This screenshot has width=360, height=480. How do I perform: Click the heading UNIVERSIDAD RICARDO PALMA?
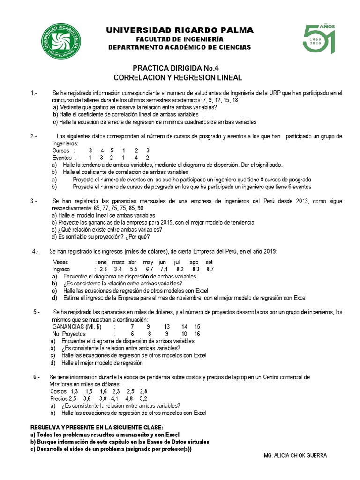180,30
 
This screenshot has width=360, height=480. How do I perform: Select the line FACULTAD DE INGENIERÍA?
180,39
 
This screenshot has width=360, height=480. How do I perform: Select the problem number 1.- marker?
34,93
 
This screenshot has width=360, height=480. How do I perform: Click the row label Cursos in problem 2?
61,150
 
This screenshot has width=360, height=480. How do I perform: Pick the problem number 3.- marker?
34,201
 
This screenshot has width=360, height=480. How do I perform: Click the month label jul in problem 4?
177,262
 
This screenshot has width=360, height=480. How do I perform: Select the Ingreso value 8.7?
210,270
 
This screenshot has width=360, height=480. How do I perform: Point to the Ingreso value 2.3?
104,270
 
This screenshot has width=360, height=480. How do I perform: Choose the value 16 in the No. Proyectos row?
197,334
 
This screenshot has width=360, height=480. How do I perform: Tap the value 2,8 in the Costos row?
143,391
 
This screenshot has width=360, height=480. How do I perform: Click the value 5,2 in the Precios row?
143,398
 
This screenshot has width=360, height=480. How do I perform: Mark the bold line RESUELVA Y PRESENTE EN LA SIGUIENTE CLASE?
97,427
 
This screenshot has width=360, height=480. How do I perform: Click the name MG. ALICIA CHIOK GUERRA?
295,455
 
